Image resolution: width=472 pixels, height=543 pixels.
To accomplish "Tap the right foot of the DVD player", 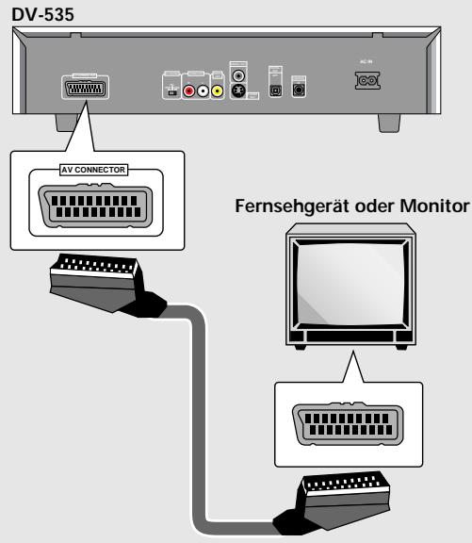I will click(x=391, y=123).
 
